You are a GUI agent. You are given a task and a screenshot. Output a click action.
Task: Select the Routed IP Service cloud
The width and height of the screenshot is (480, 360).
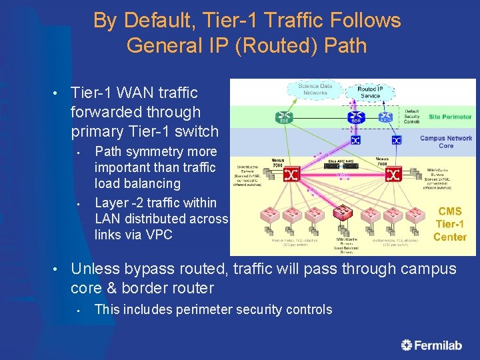370,92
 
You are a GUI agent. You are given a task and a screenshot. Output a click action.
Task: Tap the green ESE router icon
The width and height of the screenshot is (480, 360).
284,117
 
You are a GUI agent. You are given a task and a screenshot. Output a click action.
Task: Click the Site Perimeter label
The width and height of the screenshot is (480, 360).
449,117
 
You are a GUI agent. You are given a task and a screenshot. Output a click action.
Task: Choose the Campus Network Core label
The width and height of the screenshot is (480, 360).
446,142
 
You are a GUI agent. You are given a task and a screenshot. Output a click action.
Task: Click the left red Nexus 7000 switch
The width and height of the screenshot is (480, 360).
291,174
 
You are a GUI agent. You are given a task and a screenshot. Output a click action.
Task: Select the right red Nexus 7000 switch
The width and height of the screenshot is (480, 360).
393,175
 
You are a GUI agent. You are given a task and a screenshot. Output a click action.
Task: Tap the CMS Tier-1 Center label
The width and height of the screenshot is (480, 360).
449,224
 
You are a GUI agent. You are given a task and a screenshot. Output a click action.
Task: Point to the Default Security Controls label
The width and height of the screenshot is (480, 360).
411,116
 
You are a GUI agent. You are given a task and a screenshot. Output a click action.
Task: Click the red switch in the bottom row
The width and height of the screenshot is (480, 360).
343,213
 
